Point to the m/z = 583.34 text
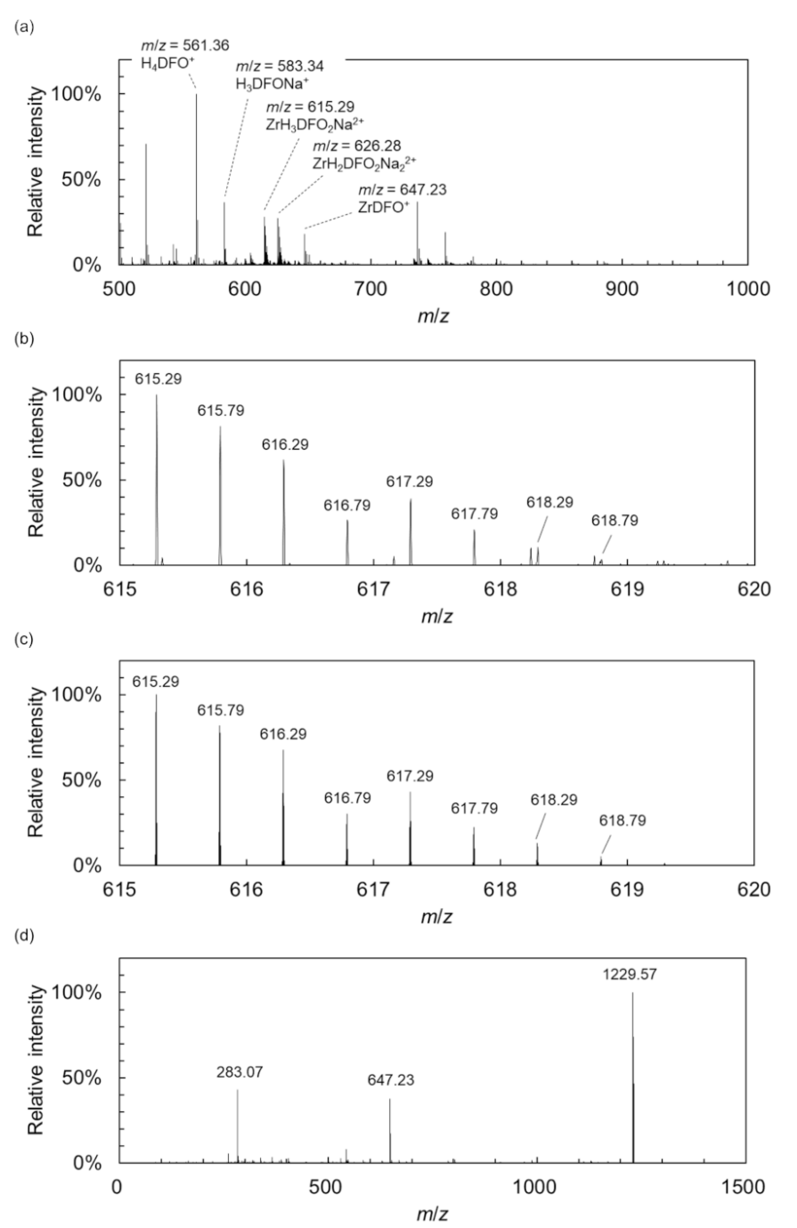click(x=280, y=66)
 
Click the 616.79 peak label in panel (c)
click(x=348, y=798)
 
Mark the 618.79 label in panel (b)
click(x=614, y=521)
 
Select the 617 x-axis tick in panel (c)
click(x=373, y=890)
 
